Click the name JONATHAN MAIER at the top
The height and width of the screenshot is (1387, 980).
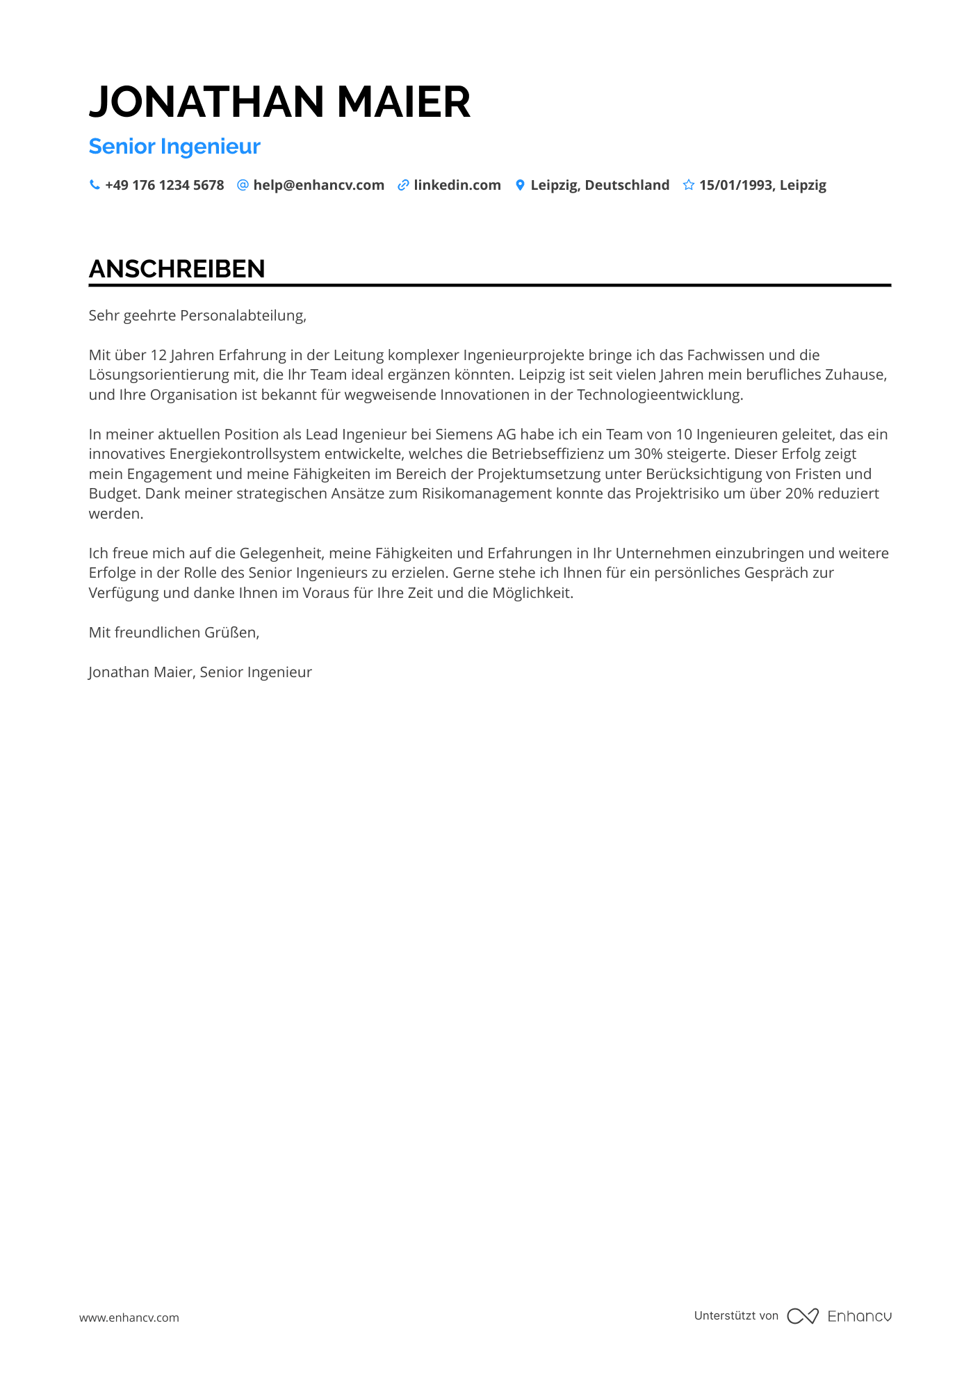[x=279, y=102]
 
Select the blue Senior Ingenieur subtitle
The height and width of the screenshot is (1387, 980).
[x=174, y=147]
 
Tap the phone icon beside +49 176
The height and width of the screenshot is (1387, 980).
[x=95, y=185]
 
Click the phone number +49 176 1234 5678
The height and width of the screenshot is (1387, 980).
[x=164, y=185]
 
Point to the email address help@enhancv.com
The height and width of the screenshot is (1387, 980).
[x=318, y=185]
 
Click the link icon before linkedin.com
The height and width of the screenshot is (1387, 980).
[x=402, y=185]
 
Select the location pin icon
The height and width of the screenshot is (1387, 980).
[x=520, y=185]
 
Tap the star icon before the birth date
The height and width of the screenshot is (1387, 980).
[x=688, y=185]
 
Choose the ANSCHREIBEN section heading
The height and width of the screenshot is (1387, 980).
[x=177, y=269]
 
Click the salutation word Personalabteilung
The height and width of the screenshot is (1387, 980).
[x=243, y=316]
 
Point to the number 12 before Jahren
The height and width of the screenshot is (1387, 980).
[x=158, y=355]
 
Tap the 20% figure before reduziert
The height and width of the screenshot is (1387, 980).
[x=799, y=494]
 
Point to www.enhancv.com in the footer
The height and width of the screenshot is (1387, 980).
[x=129, y=1317]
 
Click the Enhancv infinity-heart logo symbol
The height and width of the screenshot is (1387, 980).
[x=803, y=1316]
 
